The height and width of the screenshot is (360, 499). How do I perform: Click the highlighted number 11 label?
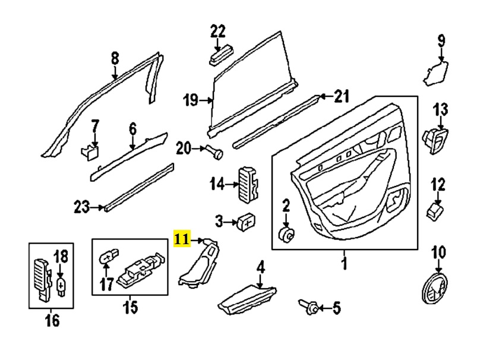(x=182, y=238)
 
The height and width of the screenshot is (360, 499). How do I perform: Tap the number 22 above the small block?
(x=217, y=31)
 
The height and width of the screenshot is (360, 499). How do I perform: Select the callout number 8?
(x=115, y=58)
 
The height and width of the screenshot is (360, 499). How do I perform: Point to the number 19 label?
(x=191, y=100)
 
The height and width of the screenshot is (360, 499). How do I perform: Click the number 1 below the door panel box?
(x=344, y=264)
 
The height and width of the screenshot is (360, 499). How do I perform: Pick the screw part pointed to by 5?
(x=308, y=307)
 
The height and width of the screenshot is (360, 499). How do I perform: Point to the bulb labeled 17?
(x=109, y=257)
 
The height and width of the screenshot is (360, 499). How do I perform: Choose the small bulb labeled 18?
(x=61, y=286)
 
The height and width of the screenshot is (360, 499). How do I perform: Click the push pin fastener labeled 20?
(x=214, y=151)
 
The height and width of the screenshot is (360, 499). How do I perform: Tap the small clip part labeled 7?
(x=90, y=152)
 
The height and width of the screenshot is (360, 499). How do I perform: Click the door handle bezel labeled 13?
(x=435, y=141)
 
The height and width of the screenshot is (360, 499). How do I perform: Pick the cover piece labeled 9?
(x=435, y=74)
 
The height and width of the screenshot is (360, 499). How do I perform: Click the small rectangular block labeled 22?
(x=221, y=56)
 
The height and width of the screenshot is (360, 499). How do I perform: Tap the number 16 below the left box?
(x=52, y=320)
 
